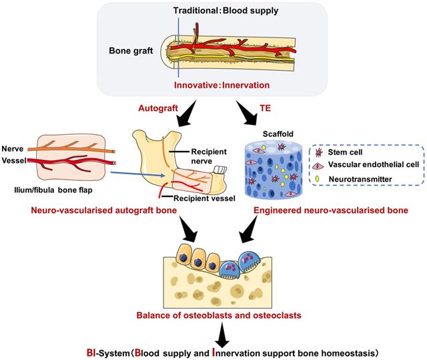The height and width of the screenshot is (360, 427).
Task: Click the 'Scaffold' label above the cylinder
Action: click(x=264, y=133)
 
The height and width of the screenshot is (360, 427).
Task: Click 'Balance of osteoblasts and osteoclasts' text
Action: click(x=214, y=313)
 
